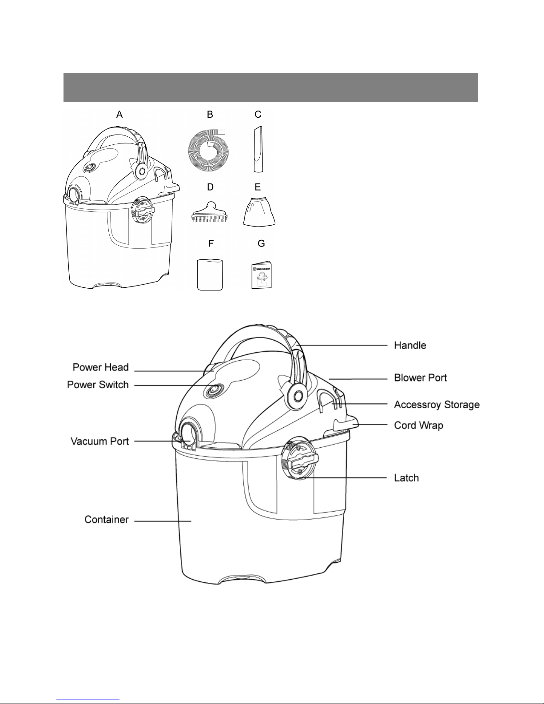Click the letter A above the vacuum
(119, 114)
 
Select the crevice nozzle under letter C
(258, 149)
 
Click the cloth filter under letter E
(259, 212)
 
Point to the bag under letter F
(210, 274)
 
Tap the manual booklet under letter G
(262, 275)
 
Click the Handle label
(410, 346)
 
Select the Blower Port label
(420, 378)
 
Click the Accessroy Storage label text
(437, 405)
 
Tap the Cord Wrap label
(418, 426)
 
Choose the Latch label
(406, 478)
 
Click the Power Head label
(101, 367)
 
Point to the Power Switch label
(98, 385)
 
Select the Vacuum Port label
(100, 441)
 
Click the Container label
(107, 520)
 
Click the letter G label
(261, 244)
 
